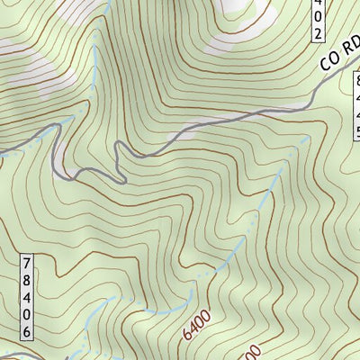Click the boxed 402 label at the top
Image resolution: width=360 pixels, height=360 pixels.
coord(318,21)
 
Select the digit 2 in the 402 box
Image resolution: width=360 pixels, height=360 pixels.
coord(318,34)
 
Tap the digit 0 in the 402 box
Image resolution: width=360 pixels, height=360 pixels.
coord(318,21)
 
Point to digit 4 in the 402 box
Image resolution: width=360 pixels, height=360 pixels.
coord(318,6)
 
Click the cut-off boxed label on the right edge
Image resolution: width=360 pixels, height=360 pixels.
coord(355,108)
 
